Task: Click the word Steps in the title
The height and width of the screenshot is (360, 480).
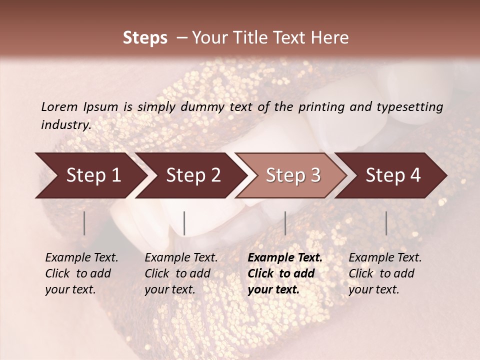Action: pos(145,38)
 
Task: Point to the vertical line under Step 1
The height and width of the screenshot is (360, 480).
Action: pos(84,223)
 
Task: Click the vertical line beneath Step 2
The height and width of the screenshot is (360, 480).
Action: pos(184,223)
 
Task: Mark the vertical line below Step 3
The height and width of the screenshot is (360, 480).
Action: pos(285,223)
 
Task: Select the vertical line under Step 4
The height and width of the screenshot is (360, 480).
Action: pos(386,223)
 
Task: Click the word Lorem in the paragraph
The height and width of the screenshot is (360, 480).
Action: pos(59,107)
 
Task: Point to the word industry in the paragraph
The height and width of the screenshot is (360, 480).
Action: pos(66,125)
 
